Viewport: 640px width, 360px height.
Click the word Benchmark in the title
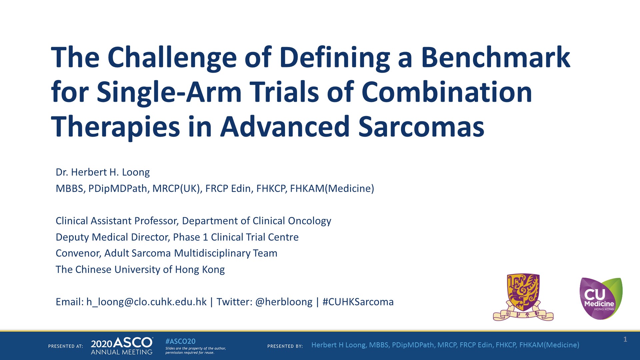495,57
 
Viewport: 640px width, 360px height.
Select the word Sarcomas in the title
421,127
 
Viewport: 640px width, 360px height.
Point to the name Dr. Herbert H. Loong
103,172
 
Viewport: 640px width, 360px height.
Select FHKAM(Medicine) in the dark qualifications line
332,189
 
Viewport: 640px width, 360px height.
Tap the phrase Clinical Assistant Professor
117,221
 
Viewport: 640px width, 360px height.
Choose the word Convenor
78,253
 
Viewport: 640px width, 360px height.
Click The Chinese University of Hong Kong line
140,270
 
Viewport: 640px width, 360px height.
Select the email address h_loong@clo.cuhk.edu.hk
146,302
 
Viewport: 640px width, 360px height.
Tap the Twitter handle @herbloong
284,302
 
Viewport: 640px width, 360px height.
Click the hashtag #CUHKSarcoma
358,302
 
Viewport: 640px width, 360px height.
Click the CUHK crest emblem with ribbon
523,297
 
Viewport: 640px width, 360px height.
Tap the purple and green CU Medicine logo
601,298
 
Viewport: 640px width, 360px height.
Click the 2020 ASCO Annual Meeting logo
122,346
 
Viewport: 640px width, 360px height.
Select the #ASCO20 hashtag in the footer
180,341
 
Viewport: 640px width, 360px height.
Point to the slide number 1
625,339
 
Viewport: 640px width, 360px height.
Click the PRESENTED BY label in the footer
285,346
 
